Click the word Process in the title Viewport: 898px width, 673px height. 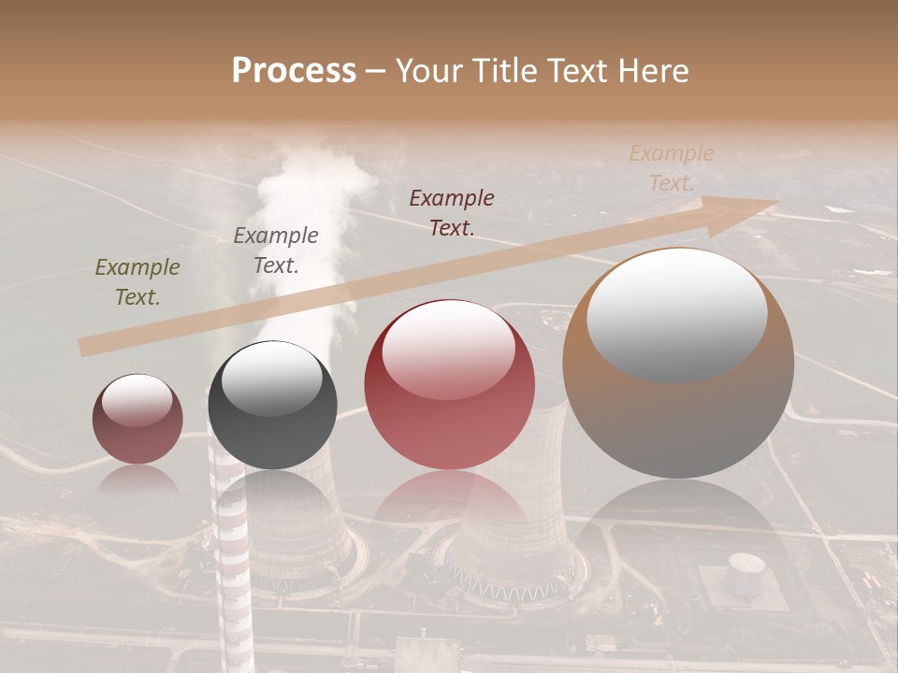point(294,70)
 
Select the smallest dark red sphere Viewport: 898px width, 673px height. point(138,419)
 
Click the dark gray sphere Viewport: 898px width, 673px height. point(272,406)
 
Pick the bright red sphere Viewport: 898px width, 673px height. point(449,384)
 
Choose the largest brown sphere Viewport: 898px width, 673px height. point(678,363)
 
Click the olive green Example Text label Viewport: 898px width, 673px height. point(138,282)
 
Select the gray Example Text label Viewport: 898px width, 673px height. point(276,251)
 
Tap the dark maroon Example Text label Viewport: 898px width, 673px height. point(452,212)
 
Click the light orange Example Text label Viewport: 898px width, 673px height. point(671,168)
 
